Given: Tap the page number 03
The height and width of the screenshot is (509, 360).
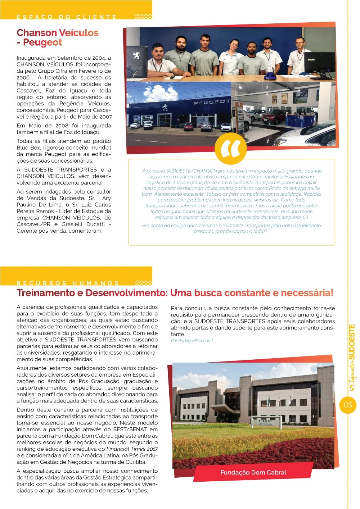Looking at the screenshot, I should tap(348, 405).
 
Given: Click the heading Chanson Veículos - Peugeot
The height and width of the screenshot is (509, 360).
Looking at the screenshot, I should tap(57, 37).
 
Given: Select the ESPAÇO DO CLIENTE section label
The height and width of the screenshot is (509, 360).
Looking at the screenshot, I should tap(67, 17).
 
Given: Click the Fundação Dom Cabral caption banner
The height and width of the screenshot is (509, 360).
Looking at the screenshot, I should tap(253, 472).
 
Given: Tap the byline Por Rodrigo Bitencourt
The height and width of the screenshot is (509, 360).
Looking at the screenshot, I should tap(192, 341).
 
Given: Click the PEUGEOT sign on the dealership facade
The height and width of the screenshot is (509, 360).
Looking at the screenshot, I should tap(212, 102).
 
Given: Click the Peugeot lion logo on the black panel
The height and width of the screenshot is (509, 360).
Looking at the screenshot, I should tap(137, 56).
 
